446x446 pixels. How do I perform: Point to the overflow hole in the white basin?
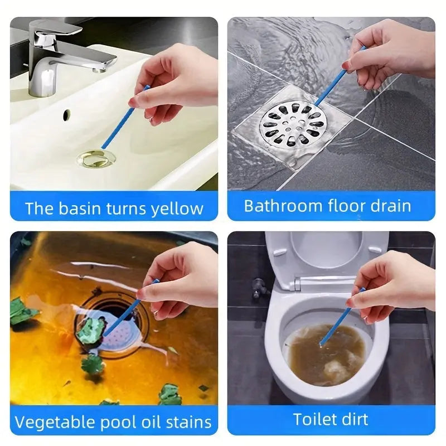[x=67, y=115]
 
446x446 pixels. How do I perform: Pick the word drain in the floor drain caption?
[x=389, y=206]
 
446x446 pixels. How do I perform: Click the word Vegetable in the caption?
[x=55, y=421]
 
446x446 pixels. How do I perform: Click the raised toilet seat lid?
[x=326, y=256]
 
